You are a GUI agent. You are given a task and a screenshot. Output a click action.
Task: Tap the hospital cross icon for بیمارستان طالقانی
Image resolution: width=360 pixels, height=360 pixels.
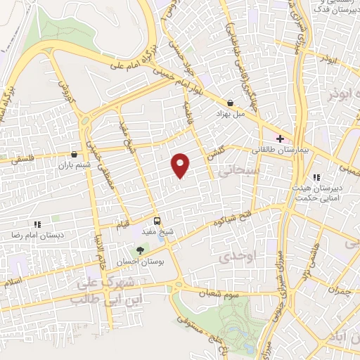(280, 139)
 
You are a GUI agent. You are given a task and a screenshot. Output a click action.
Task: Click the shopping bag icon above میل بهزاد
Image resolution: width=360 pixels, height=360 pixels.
(230, 103)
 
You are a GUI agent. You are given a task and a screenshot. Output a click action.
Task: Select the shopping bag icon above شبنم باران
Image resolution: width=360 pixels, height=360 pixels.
(74, 154)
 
